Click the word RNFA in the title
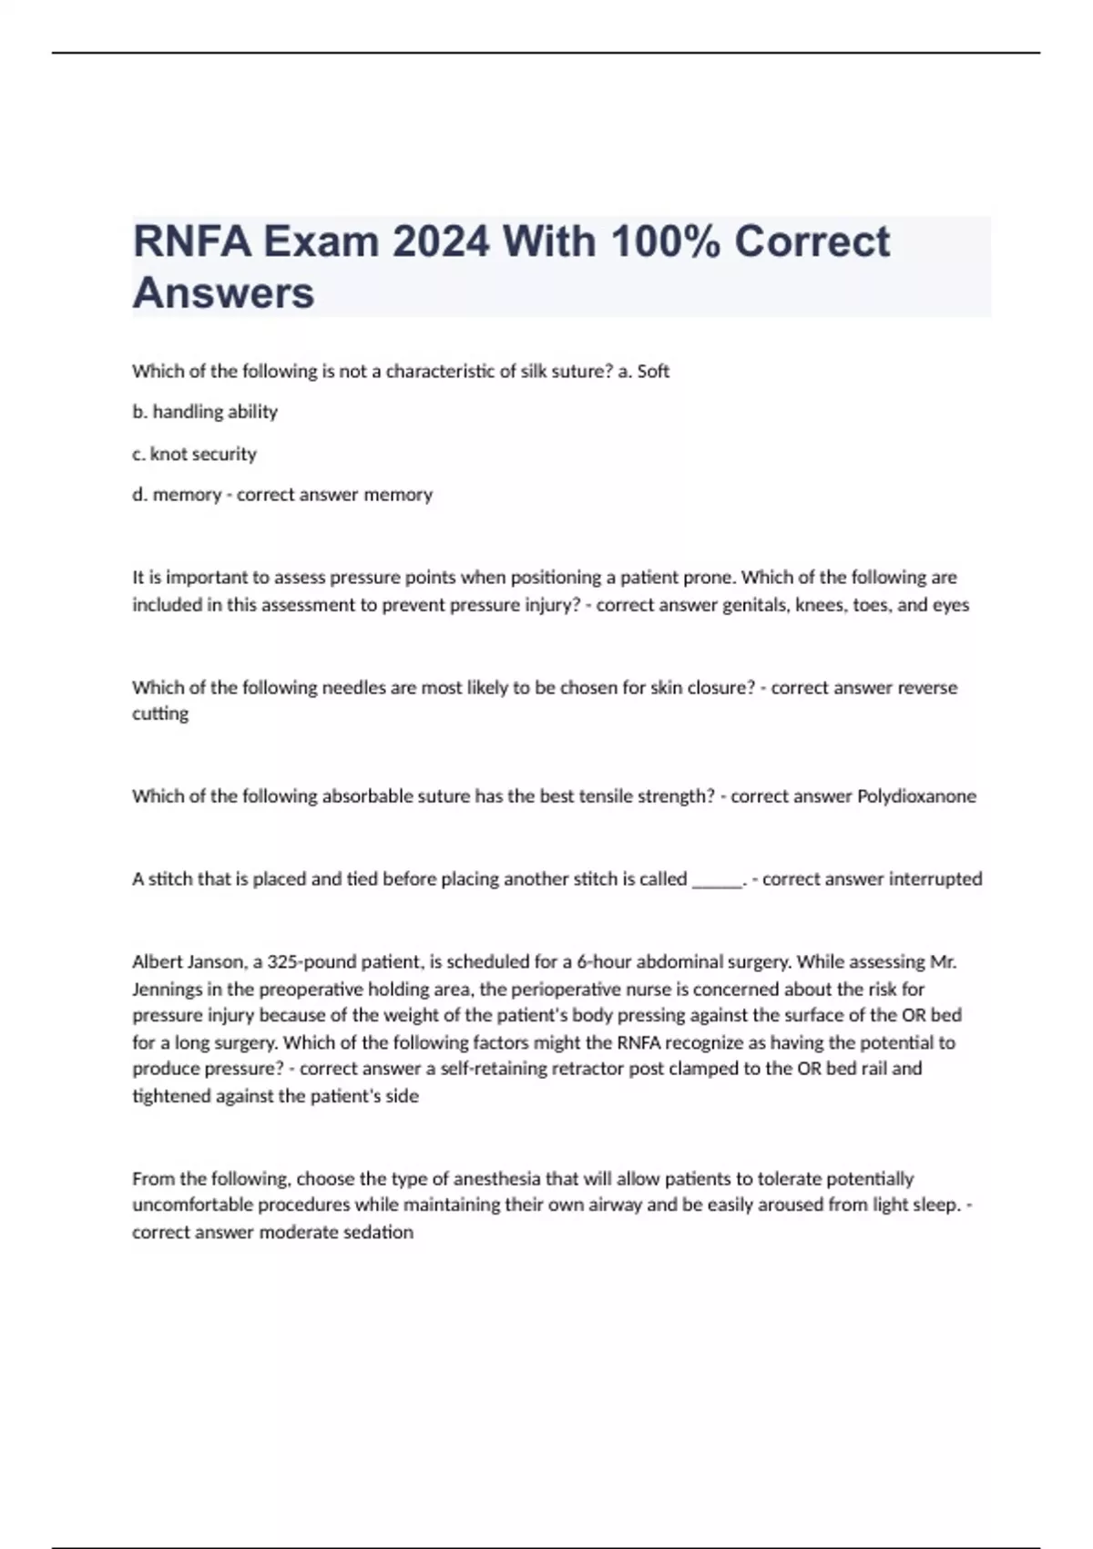pos(191,242)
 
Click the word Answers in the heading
pos(223,293)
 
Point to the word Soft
pos(653,371)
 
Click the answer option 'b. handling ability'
pos(205,412)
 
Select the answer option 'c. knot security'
pos(194,454)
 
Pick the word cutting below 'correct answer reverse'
pos(160,713)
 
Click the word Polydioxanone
pos(916,796)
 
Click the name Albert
pos(157,961)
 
